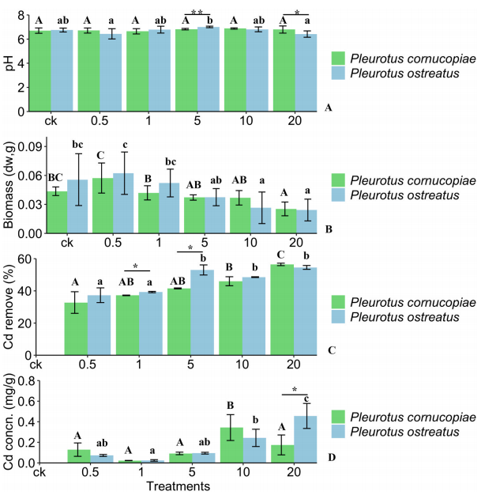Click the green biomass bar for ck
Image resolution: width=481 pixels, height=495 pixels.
click(x=56, y=212)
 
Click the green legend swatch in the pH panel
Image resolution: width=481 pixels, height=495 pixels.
click(x=338, y=58)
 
